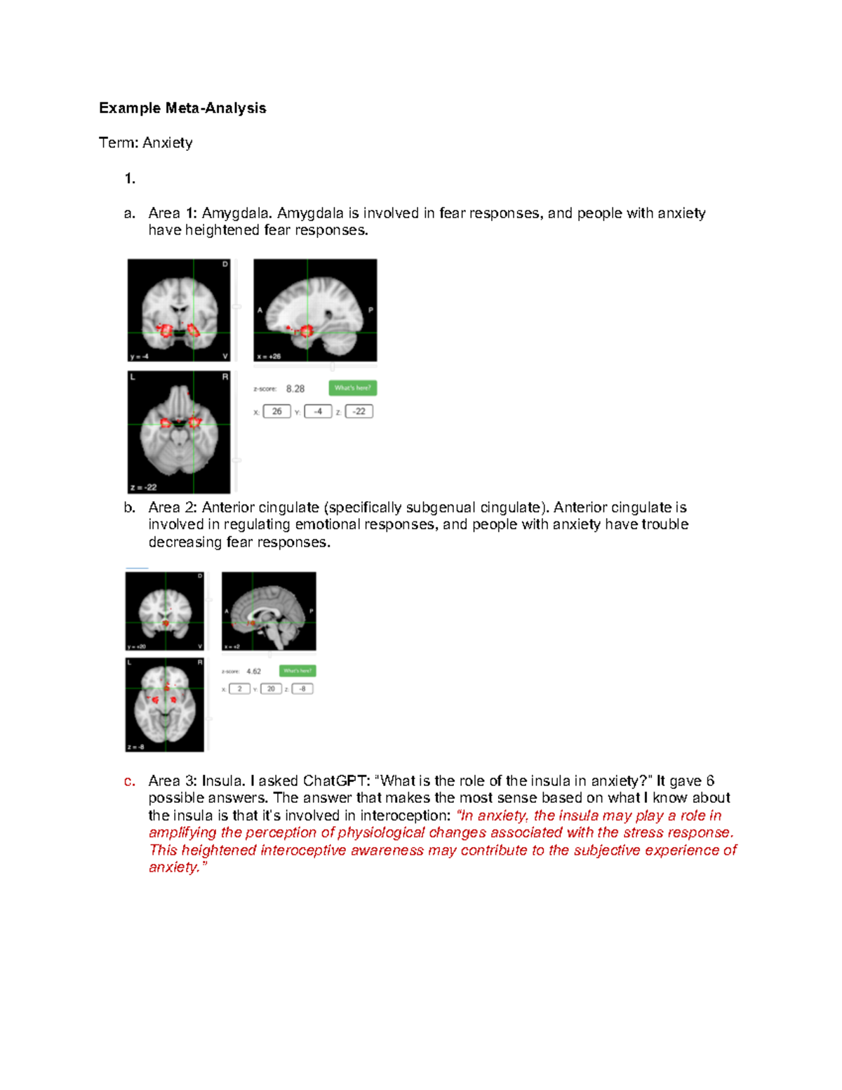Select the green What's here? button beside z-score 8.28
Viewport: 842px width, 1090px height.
point(352,388)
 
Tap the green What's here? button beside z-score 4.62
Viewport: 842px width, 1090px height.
point(298,671)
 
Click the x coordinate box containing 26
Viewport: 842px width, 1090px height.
point(276,411)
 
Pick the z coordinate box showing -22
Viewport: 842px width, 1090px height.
point(359,411)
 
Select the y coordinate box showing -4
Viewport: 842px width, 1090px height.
point(318,411)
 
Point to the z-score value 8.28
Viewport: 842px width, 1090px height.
point(295,389)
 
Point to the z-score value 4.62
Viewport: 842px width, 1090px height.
point(253,672)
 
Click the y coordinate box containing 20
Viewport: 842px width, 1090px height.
point(271,689)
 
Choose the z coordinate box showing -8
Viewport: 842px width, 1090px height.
point(302,689)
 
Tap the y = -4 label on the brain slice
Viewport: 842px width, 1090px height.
point(139,357)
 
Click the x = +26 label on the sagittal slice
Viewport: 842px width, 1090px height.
point(268,357)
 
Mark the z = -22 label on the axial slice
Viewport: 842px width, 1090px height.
point(143,487)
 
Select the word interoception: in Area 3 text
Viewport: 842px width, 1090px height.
point(406,816)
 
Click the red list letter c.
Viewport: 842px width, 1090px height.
point(129,781)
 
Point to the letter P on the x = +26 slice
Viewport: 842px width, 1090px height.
point(370,310)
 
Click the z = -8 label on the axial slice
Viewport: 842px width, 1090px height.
point(136,747)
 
